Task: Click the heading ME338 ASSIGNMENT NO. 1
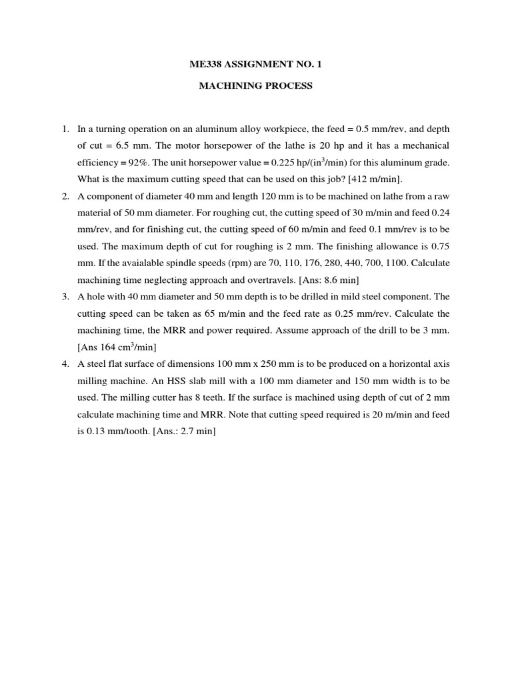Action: click(256, 65)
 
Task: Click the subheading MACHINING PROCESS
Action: click(256, 86)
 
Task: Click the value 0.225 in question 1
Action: click(288, 162)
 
